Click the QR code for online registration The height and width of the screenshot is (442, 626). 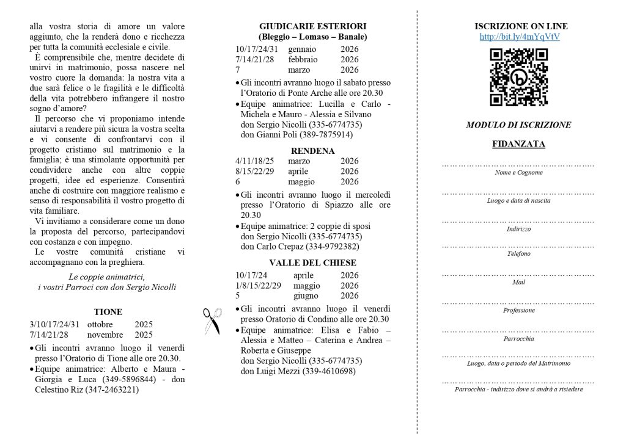tap(518, 78)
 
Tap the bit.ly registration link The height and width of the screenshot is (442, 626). tap(520, 37)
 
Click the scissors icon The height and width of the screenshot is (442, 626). tap(212, 321)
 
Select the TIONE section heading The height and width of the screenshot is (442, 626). tap(108, 311)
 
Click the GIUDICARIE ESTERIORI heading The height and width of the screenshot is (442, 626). tap(312, 26)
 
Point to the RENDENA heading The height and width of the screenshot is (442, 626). tap(312, 151)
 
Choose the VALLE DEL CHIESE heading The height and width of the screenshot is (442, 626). tap(312, 263)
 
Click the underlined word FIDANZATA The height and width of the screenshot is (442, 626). tap(518, 145)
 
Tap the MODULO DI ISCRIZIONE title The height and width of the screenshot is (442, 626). tap(518, 125)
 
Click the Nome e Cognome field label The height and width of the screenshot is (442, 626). tap(518, 173)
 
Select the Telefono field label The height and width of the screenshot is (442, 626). tap(518, 253)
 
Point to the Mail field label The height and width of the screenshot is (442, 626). tap(518, 282)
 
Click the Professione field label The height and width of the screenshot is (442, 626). tap(518, 310)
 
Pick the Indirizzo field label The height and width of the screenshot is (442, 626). tap(518, 229)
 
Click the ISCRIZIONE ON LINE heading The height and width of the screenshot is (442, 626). tap(521, 26)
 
